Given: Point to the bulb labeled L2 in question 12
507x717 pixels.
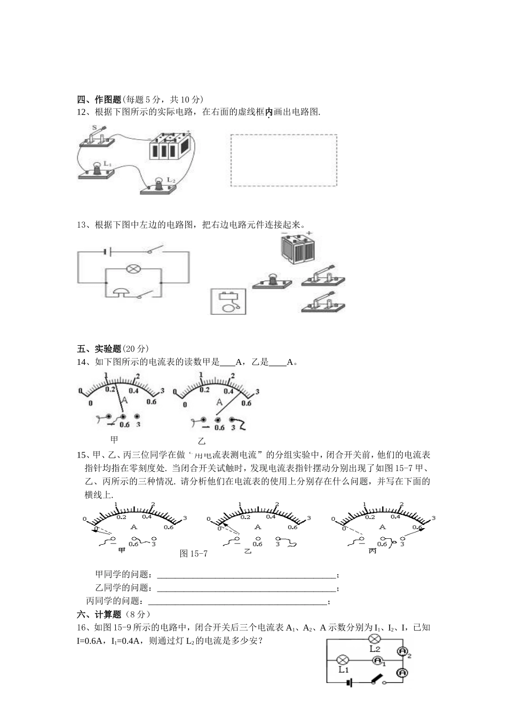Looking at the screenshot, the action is pos(159,185).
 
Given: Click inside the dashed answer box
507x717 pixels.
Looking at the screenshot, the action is pos(283,160).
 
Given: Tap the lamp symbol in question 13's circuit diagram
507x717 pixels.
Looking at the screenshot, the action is pos(132,269).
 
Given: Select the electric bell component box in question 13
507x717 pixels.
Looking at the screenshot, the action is pos(228,301).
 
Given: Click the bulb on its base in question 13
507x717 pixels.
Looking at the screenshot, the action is pos(272,281).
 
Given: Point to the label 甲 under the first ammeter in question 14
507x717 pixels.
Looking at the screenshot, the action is pos(114,440).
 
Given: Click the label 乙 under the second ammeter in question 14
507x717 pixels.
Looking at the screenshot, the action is pos(202,441).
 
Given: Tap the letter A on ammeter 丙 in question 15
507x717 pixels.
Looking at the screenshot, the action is pos(382,527).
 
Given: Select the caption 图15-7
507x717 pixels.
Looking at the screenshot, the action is pos(194,554).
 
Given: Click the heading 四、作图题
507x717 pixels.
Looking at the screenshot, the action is pos(99,99).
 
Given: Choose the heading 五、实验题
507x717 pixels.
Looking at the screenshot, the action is pos(99,349).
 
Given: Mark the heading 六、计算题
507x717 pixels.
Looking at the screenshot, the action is pos(99,614).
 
